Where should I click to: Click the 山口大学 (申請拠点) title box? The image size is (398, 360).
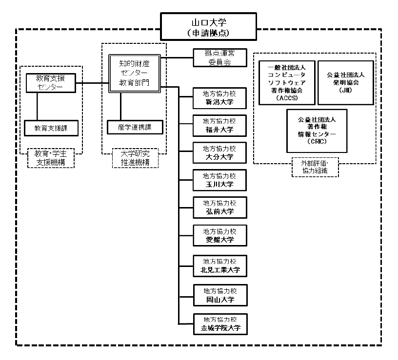tap(208, 27)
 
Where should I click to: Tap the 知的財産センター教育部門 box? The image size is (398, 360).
tap(134, 73)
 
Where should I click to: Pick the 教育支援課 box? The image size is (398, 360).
tap(51, 128)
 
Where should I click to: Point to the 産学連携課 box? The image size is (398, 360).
tap(134, 127)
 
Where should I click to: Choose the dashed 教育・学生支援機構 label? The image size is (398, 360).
tap(51, 157)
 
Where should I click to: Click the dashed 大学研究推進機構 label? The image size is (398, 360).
tap(135, 157)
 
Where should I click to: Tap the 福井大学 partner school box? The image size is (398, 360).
tap(219, 125)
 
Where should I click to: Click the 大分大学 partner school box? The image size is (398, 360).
tap(219, 152)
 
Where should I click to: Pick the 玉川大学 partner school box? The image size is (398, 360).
tap(219, 180)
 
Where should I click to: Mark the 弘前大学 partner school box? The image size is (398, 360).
tap(219, 207)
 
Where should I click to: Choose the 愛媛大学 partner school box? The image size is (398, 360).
tap(219, 235)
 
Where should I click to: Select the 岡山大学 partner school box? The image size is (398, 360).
tap(219, 294)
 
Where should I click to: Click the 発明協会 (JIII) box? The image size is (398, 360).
tap(346, 82)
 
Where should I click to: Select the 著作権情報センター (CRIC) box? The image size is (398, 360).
tap(317, 130)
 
